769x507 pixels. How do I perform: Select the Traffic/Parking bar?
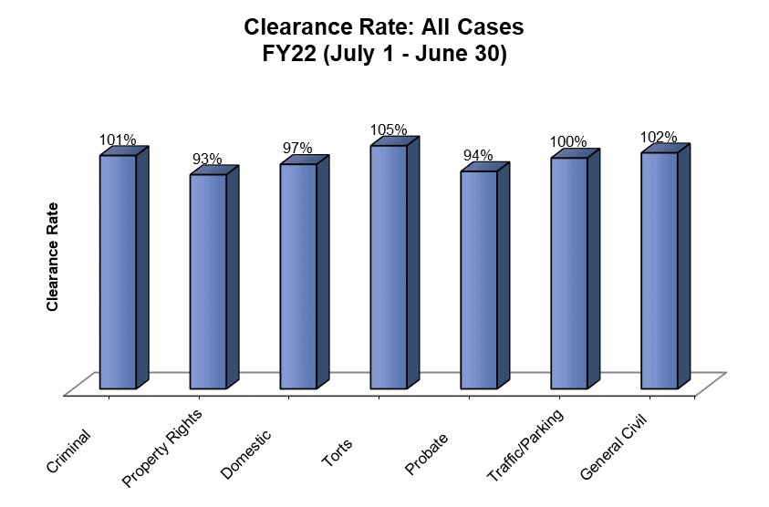coord(569,274)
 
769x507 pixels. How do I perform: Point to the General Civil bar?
coord(660,271)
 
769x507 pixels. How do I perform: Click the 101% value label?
coord(118,140)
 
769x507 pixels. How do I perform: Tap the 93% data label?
coord(207,160)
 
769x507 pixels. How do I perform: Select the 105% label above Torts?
coord(389,130)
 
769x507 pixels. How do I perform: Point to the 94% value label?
coord(478,156)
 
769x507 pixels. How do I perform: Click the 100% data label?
coord(568,143)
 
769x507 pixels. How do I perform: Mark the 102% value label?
coord(659,138)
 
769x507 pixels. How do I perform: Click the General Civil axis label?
coord(616,449)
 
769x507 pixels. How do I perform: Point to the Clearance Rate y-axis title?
coord(53,256)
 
